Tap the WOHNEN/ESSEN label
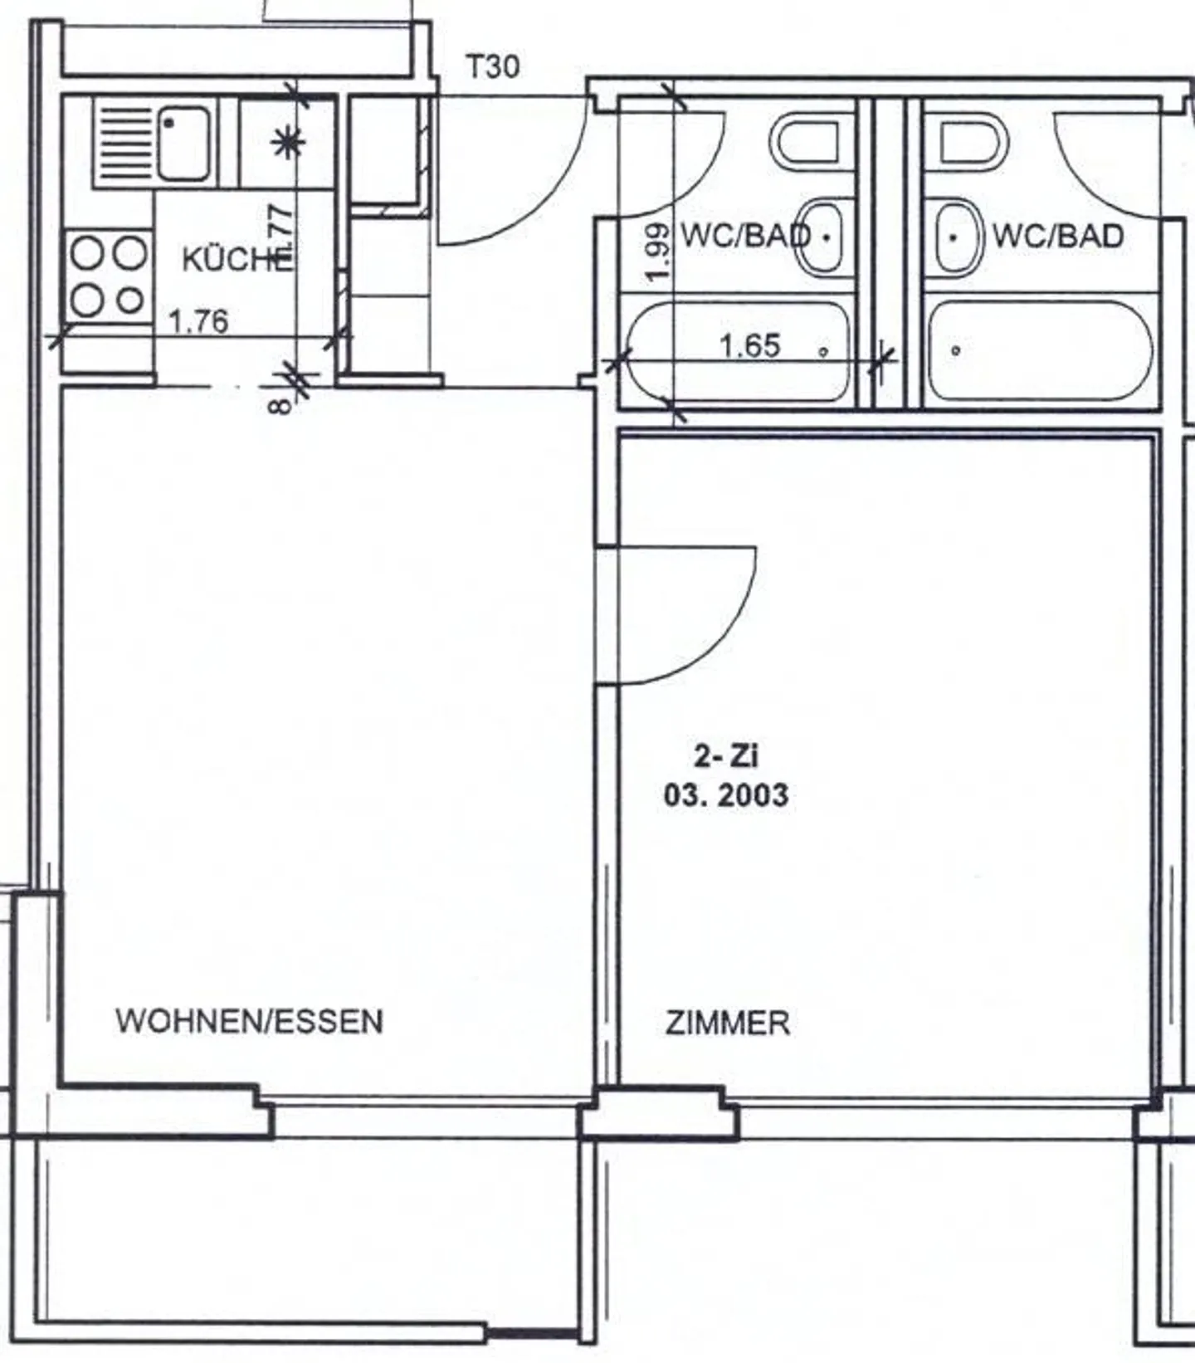249,1021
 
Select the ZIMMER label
727,1023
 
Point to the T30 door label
493,66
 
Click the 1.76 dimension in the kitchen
198,321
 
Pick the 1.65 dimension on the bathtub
749,345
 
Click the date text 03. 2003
725,795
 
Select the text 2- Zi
726,755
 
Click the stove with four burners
107,276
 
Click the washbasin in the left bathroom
818,237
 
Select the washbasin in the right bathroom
958,237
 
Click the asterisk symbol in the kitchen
288,143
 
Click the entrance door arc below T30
539,208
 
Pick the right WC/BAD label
1058,237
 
